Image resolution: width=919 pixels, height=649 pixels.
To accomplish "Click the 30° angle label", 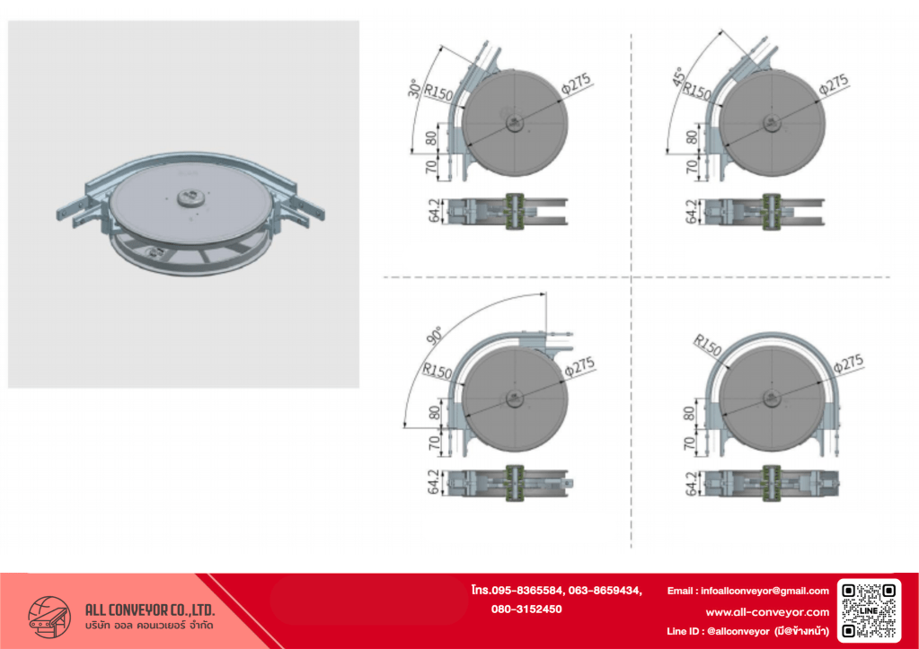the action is (x=414, y=88).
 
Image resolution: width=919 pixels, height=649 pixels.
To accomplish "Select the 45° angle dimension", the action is (x=679, y=76).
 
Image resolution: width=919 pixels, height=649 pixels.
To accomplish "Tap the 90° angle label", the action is (x=435, y=336).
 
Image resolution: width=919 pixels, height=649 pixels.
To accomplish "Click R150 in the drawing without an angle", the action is (x=707, y=345).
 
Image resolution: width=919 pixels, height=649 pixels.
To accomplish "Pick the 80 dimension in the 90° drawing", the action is (x=434, y=413).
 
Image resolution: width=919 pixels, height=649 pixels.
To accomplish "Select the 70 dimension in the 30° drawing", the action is (x=431, y=167).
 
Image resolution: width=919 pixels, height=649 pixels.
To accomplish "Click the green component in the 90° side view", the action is (x=515, y=483).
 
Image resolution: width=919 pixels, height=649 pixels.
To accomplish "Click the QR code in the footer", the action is (x=869, y=610).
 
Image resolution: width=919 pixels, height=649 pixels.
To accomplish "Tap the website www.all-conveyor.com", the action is (x=767, y=612).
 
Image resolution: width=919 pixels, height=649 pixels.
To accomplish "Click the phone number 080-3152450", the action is (x=526, y=610).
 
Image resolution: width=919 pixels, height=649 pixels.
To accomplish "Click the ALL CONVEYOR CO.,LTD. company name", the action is (x=150, y=610).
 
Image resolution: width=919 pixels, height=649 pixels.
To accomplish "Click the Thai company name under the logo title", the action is (x=149, y=626).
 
